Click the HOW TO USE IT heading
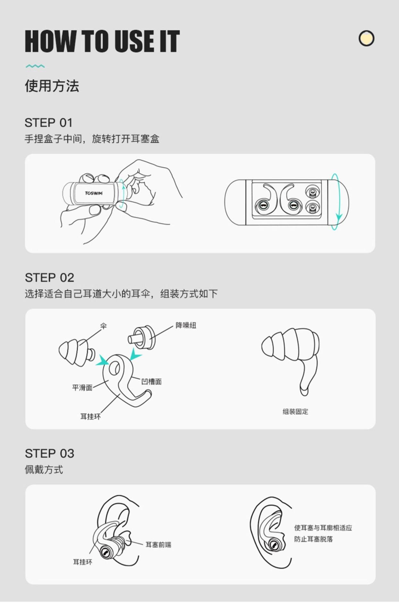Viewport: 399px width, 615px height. (x=102, y=41)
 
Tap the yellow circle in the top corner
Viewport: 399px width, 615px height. (x=366, y=38)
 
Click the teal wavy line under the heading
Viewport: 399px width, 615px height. (x=35, y=66)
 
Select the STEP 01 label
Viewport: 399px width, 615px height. (x=48, y=123)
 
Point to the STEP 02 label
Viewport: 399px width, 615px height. (x=49, y=278)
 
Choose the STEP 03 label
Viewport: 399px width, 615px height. (x=49, y=454)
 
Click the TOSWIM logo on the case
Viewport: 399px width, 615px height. (x=94, y=193)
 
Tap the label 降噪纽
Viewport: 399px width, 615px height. (x=186, y=325)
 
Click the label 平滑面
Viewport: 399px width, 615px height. (x=82, y=388)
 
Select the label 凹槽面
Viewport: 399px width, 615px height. (x=151, y=381)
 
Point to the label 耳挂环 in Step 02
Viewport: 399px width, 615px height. (x=90, y=416)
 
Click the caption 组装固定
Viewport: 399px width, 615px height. (x=295, y=412)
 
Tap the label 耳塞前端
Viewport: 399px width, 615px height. (x=158, y=545)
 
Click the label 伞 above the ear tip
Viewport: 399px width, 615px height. (x=103, y=326)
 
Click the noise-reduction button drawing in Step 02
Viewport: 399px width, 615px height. (x=141, y=338)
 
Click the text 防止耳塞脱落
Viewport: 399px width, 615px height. (x=314, y=539)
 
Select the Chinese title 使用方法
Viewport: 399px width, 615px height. (x=52, y=86)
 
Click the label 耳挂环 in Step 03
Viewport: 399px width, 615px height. (x=83, y=562)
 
